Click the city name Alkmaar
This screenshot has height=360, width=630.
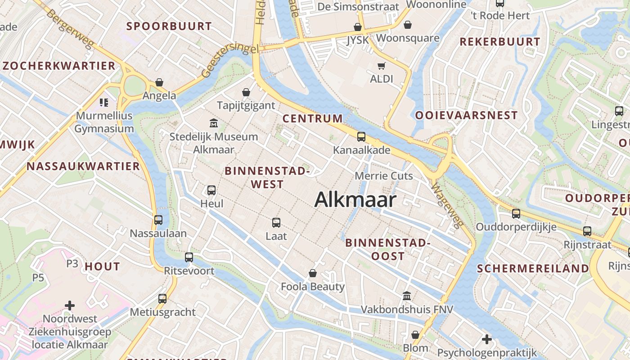(x=355, y=199)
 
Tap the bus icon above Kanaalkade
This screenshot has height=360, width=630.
(x=361, y=137)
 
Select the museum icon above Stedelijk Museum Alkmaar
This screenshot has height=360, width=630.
(x=214, y=123)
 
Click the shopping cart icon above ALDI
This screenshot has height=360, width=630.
(x=382, y=66)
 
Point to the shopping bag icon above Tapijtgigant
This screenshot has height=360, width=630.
(x=246, y=92)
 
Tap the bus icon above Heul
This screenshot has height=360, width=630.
(x=211, y=190)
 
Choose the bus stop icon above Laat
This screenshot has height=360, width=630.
(x=276, y=222)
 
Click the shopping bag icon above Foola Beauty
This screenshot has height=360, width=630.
(x=313, y=273)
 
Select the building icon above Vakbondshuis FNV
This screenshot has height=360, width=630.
(x=407, y=296)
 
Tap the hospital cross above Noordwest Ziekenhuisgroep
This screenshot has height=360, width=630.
(x=70, y=306)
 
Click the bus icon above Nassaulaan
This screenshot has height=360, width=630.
(x=158, y=220)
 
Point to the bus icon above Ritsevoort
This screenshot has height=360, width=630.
(x=189, y=257)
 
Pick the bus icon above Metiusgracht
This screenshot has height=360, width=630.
(x=162, y=298)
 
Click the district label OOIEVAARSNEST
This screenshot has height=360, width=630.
(x=466, y=116)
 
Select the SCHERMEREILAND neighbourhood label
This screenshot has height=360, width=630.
(x=533, y=269)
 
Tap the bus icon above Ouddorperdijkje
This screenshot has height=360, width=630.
(x=516, y=213)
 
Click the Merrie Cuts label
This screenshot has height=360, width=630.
(x=384, y=175)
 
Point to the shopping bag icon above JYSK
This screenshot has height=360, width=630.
(x=358, y=27)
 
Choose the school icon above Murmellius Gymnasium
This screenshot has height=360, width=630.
(x=104, y=103)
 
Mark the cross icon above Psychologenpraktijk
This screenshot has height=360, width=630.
(x=487, y=339)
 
